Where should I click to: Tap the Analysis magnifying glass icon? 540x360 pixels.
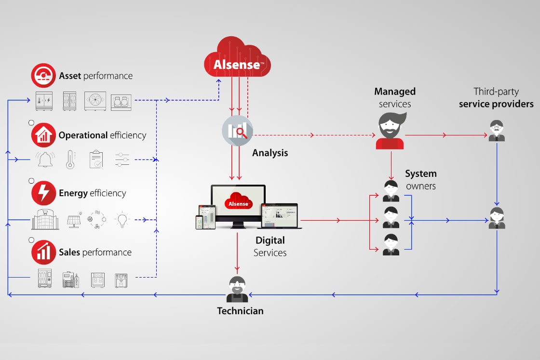[237, 131]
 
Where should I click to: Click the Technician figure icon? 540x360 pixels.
[237, 290]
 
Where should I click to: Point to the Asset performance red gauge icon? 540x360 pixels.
[44, 76]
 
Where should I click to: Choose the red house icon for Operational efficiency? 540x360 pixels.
[44, 135]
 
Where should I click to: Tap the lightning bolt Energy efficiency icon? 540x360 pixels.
[44, 193]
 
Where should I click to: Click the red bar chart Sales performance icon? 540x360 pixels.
[44, 253]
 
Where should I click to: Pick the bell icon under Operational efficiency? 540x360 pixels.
[46, 159]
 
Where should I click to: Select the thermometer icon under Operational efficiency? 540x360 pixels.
[70, 159]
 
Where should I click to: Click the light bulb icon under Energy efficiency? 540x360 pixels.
[122, 219]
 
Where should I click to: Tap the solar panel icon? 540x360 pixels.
[74, 220]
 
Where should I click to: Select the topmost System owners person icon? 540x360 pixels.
[391, 191]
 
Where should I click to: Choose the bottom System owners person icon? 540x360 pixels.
[391, 244]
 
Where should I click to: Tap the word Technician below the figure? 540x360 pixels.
[240, 311]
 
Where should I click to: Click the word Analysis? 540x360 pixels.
[270, 153]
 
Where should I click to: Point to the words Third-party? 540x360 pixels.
[496, 92]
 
